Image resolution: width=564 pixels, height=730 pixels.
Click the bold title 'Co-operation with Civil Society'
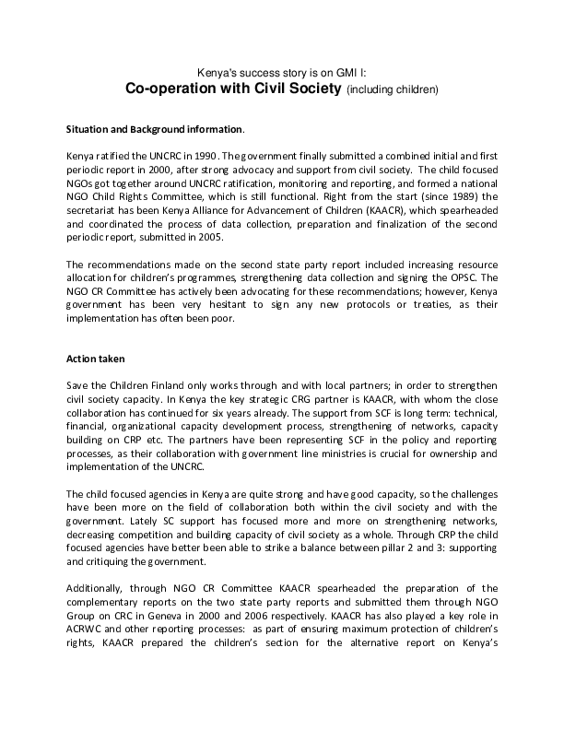pos(233,88)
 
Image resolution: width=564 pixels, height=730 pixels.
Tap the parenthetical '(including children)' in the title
pos(393,90)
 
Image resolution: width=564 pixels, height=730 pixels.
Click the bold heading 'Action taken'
pos(95,358)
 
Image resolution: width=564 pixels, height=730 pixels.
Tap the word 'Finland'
pos(161,384)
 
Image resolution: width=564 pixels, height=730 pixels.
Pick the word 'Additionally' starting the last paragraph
pos(97,588)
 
